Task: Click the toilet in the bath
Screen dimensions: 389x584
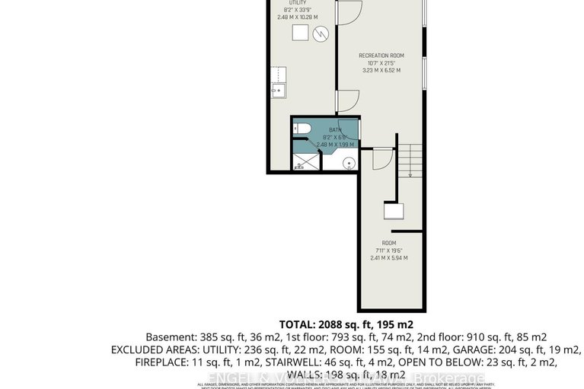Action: pyautogui.click(x=302, y=129)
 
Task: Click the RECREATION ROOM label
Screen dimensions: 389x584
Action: pyautogui.click(x=381, y=56)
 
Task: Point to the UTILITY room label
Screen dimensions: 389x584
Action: pyautogui.click(x=286, y=3)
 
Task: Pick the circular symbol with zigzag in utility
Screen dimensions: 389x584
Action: pyautogui.click(x=323, y=33)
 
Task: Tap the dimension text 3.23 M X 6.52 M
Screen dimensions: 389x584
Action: pyautogui.click(x=381, y=70)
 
